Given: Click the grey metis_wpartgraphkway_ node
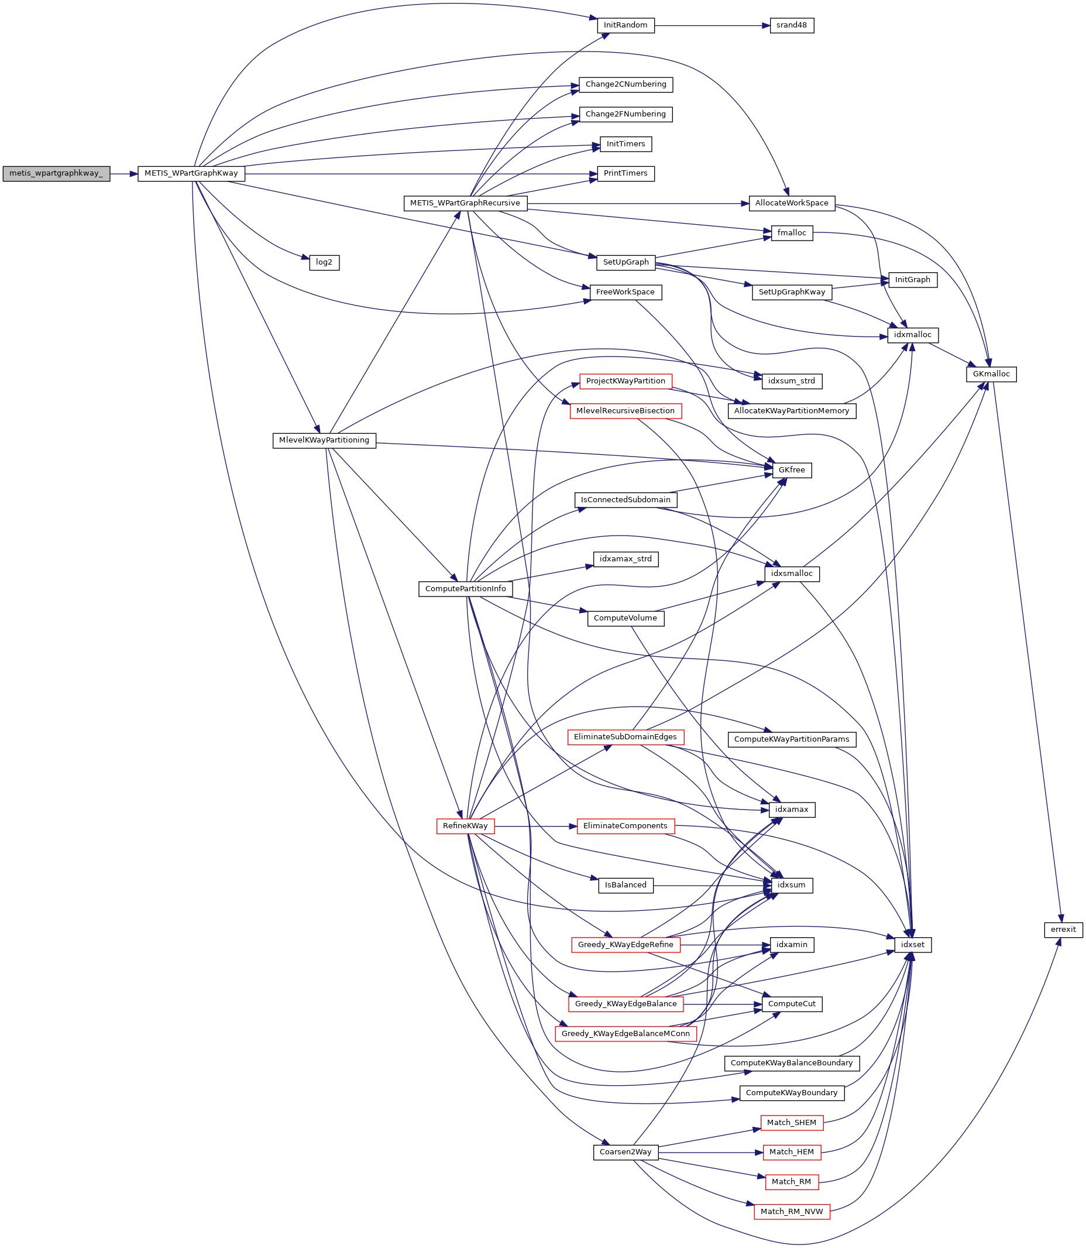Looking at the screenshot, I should (x=56, y=173).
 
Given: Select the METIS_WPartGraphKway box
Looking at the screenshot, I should (x=191, y=173).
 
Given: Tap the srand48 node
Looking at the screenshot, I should (x=792, y=25).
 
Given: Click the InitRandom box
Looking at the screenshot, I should (x=626, y=25).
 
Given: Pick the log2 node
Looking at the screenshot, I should (x=324, y=262).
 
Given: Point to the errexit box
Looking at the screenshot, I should (x=1063, y=929).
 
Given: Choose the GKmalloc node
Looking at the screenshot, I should (x=991, y=374).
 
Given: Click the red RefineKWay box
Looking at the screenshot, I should (x=465, y=825).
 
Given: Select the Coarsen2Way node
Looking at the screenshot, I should (x=626, y=1151).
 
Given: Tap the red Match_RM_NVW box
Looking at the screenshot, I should (x=792, y=1211).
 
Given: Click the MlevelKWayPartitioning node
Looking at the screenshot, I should (x=324, y=440).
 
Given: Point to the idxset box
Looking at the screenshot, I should (x=913, y=944).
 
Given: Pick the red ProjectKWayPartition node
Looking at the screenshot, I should (x=626, y=381).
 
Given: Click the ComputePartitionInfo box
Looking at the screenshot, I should (x=465, y=588).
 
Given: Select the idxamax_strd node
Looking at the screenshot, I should (x=626, y=559).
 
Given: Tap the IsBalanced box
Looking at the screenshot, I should (x=626, y=885).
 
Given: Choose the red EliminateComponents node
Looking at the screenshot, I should (x=626, y=825).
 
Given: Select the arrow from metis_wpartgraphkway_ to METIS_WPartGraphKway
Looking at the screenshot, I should (x=123, y=173).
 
